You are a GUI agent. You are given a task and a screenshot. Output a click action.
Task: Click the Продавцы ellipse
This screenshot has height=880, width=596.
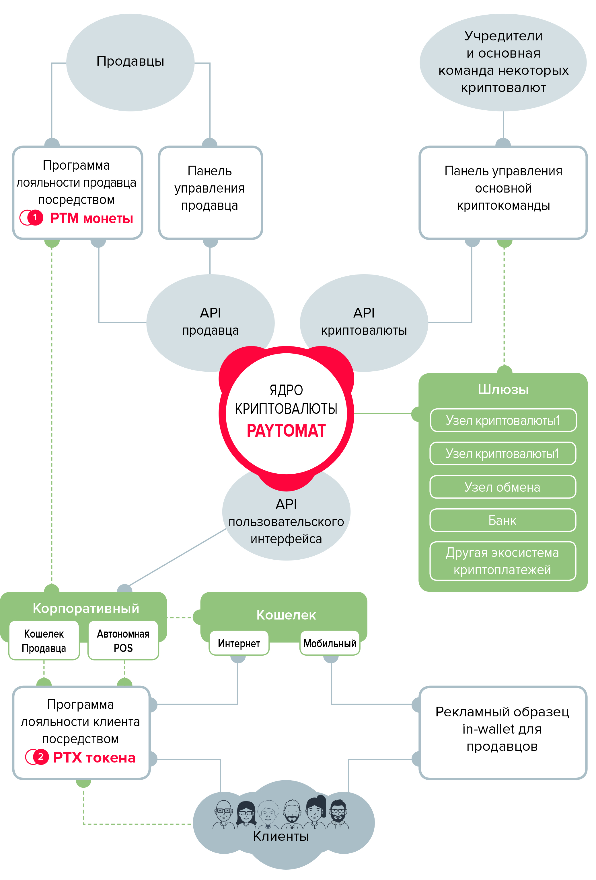(x=130, y=62)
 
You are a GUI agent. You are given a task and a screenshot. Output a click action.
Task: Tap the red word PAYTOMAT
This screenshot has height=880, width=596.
(x=286, y=430)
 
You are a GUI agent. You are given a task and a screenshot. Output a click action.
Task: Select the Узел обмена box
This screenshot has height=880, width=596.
(x=503, y=487)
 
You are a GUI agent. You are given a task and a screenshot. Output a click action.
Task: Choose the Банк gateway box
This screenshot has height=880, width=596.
(x=503, y=520)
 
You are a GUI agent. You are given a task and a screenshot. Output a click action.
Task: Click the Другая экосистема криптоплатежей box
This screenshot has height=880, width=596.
(x=503, y=561)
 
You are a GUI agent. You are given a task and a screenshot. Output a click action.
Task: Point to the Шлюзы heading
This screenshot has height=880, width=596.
(x=503, y=389)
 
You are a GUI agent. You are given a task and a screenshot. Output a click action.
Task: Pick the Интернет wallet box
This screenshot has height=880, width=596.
(x=239, y=643)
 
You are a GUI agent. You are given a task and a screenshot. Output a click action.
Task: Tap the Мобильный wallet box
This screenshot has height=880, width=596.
(x=330, y=643)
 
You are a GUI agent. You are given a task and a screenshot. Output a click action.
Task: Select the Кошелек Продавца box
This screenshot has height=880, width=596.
(x=44, y=641)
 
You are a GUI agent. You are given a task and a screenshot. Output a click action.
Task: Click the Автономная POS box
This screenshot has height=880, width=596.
(x=123, y=641)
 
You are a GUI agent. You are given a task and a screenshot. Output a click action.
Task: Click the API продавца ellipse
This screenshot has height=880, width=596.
(x=210, y=323)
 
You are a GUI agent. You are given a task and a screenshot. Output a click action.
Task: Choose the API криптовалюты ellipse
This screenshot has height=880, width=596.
(x=364, y=323)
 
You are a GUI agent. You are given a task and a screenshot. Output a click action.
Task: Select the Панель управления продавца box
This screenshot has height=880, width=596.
(x=210, y=193)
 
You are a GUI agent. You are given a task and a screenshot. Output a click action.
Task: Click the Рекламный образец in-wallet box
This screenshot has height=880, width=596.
(x=503, y=733)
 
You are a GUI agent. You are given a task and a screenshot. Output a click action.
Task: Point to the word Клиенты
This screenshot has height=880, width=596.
(x=281, y=836)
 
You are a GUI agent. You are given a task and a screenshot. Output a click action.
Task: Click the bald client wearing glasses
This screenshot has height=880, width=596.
(x=223, y=814)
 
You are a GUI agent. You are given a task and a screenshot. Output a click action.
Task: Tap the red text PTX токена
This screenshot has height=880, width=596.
(x=94, y=757)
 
